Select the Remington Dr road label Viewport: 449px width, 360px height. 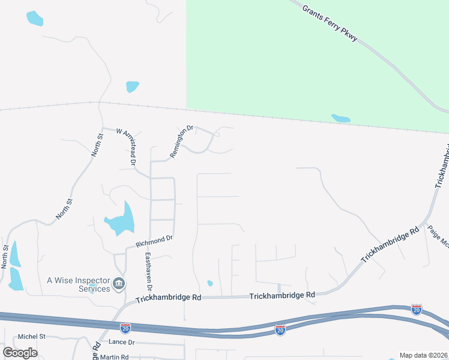182,141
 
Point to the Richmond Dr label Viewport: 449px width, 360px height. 154,242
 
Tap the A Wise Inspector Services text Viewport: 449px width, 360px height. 79,284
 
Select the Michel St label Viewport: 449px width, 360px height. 32,337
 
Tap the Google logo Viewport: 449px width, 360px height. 20,353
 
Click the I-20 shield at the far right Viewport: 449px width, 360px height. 417,310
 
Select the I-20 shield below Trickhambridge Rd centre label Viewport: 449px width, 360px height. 280,329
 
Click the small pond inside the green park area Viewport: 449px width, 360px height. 340,118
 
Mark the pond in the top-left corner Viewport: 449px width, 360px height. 35,18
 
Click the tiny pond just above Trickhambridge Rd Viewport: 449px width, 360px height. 209,283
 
